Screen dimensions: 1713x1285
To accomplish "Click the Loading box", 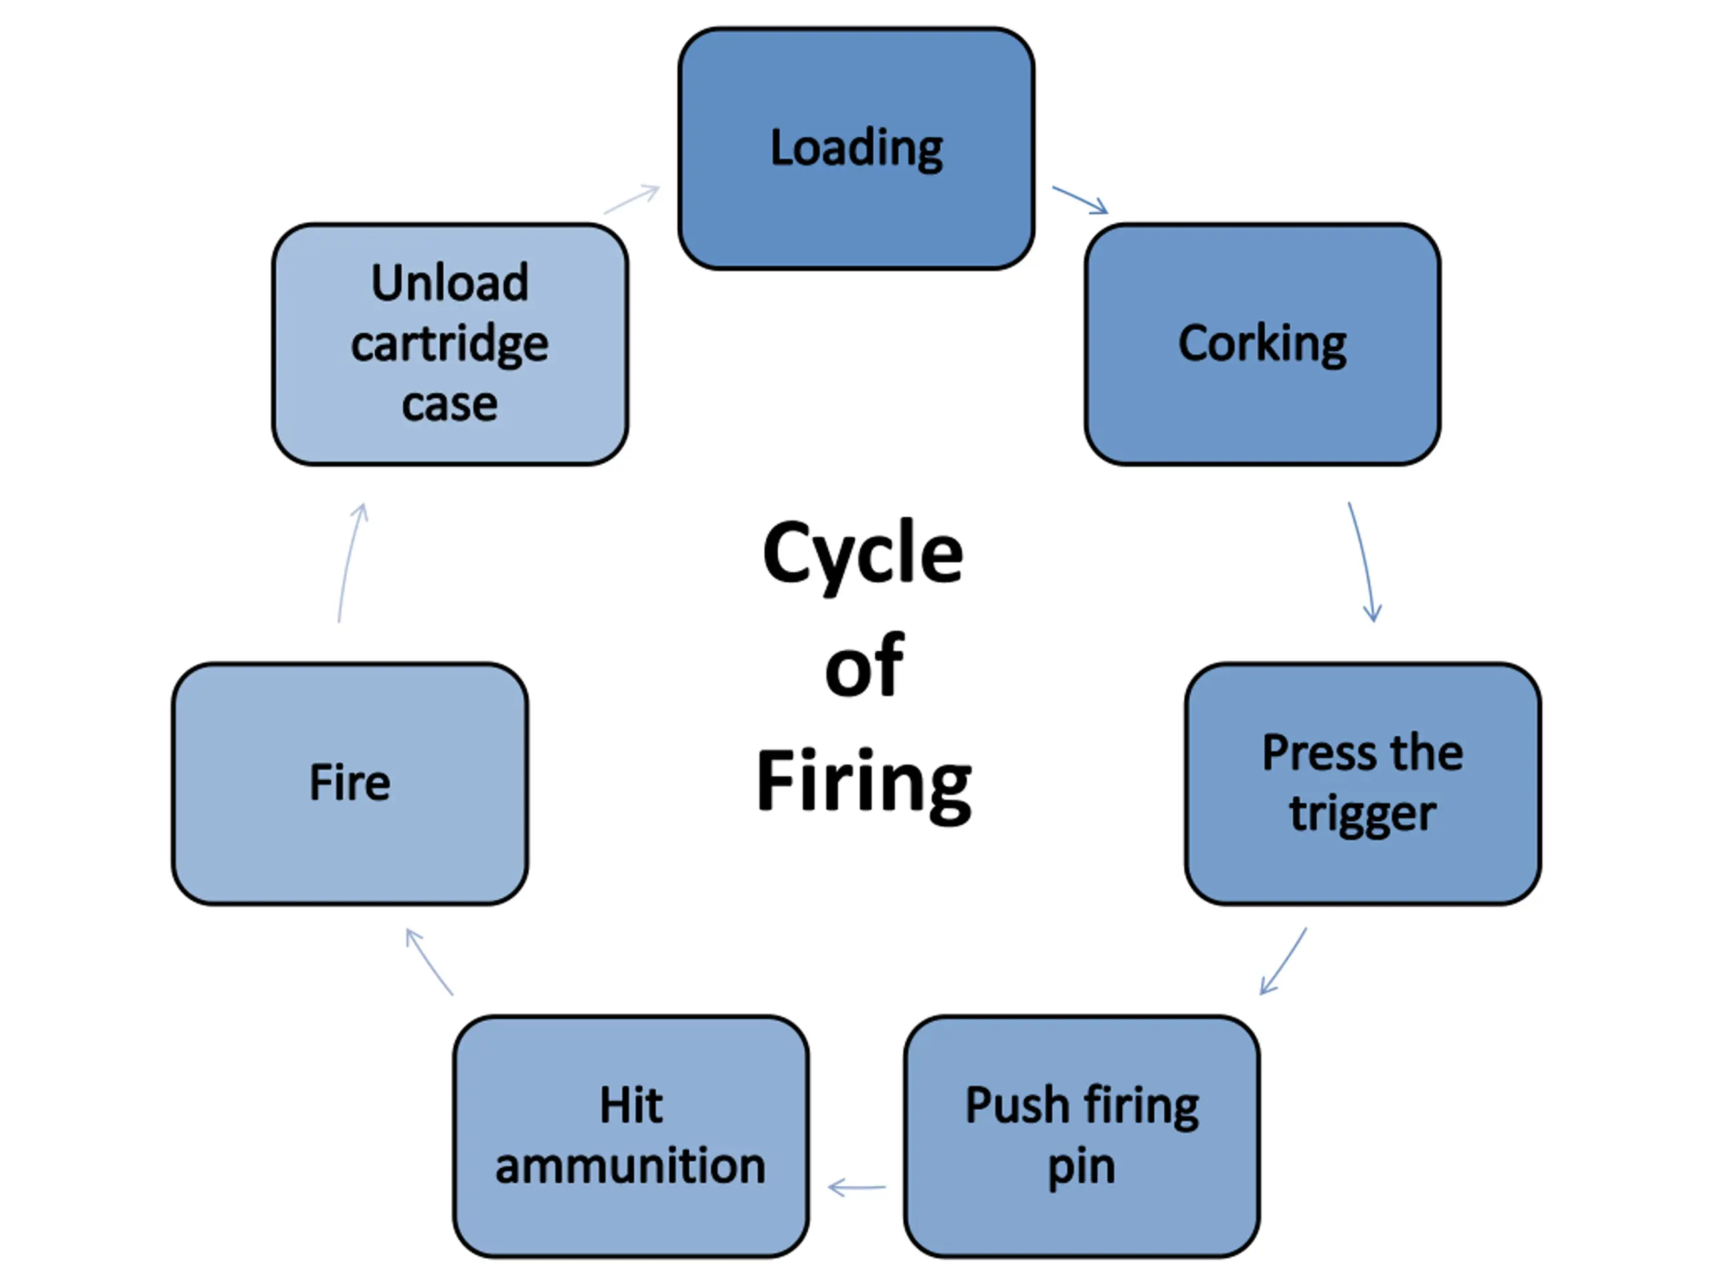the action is [856, 149].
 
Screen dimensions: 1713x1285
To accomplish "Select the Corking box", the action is [1262, 344].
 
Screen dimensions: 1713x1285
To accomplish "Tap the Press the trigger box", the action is [1363, 783].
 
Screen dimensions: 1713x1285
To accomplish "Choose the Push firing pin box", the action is [1082, 1136].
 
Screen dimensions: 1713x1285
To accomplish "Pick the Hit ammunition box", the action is [631, 1136].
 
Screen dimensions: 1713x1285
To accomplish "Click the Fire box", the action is [350, 783].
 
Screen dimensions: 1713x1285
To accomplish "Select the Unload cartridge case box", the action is [450, 344].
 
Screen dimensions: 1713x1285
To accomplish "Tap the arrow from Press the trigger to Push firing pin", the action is [1283, 961].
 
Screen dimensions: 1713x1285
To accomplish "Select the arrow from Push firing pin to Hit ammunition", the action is [856, 1187].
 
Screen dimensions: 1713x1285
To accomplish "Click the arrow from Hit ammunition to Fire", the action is [429, 962].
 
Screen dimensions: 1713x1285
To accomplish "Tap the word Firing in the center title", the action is [863, 783].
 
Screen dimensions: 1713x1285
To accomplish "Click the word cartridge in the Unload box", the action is [450, 345].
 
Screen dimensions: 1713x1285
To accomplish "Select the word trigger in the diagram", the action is [1363, 815].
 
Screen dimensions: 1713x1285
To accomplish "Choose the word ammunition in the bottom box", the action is [631, 1167].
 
